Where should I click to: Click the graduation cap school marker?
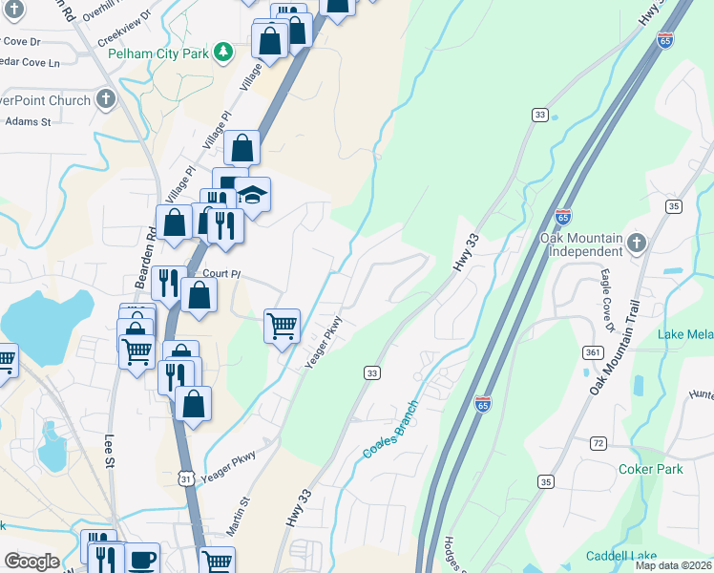pos(252,195)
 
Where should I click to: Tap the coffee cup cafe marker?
pos(142,560)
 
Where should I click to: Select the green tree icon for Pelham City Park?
pos(222,52)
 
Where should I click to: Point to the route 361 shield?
pos(592,352)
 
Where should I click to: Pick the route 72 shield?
pos(598,444)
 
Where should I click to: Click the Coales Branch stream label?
pos(391,428)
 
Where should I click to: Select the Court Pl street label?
pos(221,273)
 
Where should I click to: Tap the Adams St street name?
pos(28,121)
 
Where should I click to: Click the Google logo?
pos(31,562)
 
